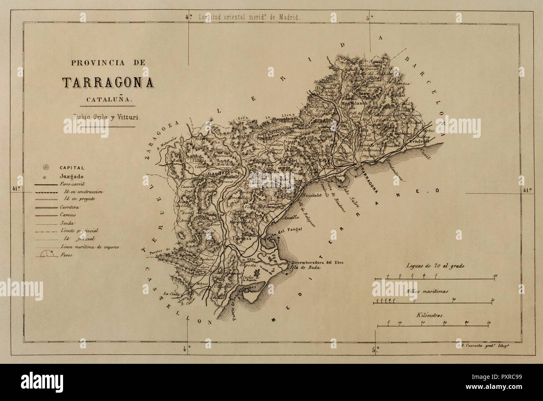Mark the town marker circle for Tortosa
[x=229, y=239]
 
